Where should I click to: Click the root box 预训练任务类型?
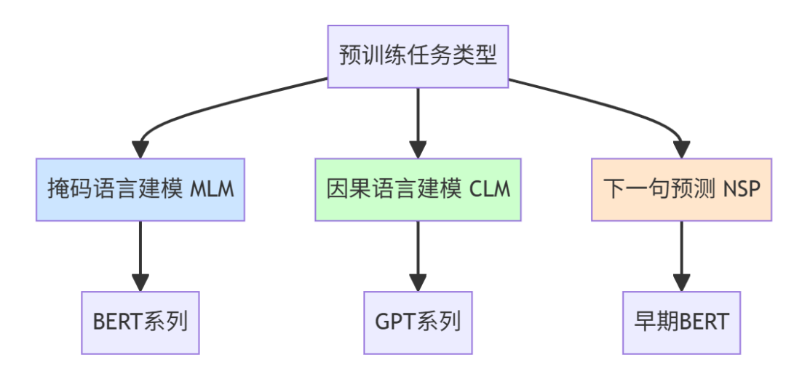(418, 57)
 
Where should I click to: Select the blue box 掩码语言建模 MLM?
(140, 189)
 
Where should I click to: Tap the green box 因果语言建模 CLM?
(418, 189)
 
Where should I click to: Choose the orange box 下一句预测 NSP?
(681, 189)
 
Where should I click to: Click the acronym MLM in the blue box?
(213, 190)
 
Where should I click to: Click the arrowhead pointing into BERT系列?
(140, 283)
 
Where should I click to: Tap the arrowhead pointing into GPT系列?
(418, 283)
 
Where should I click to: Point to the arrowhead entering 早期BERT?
(681, 283)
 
